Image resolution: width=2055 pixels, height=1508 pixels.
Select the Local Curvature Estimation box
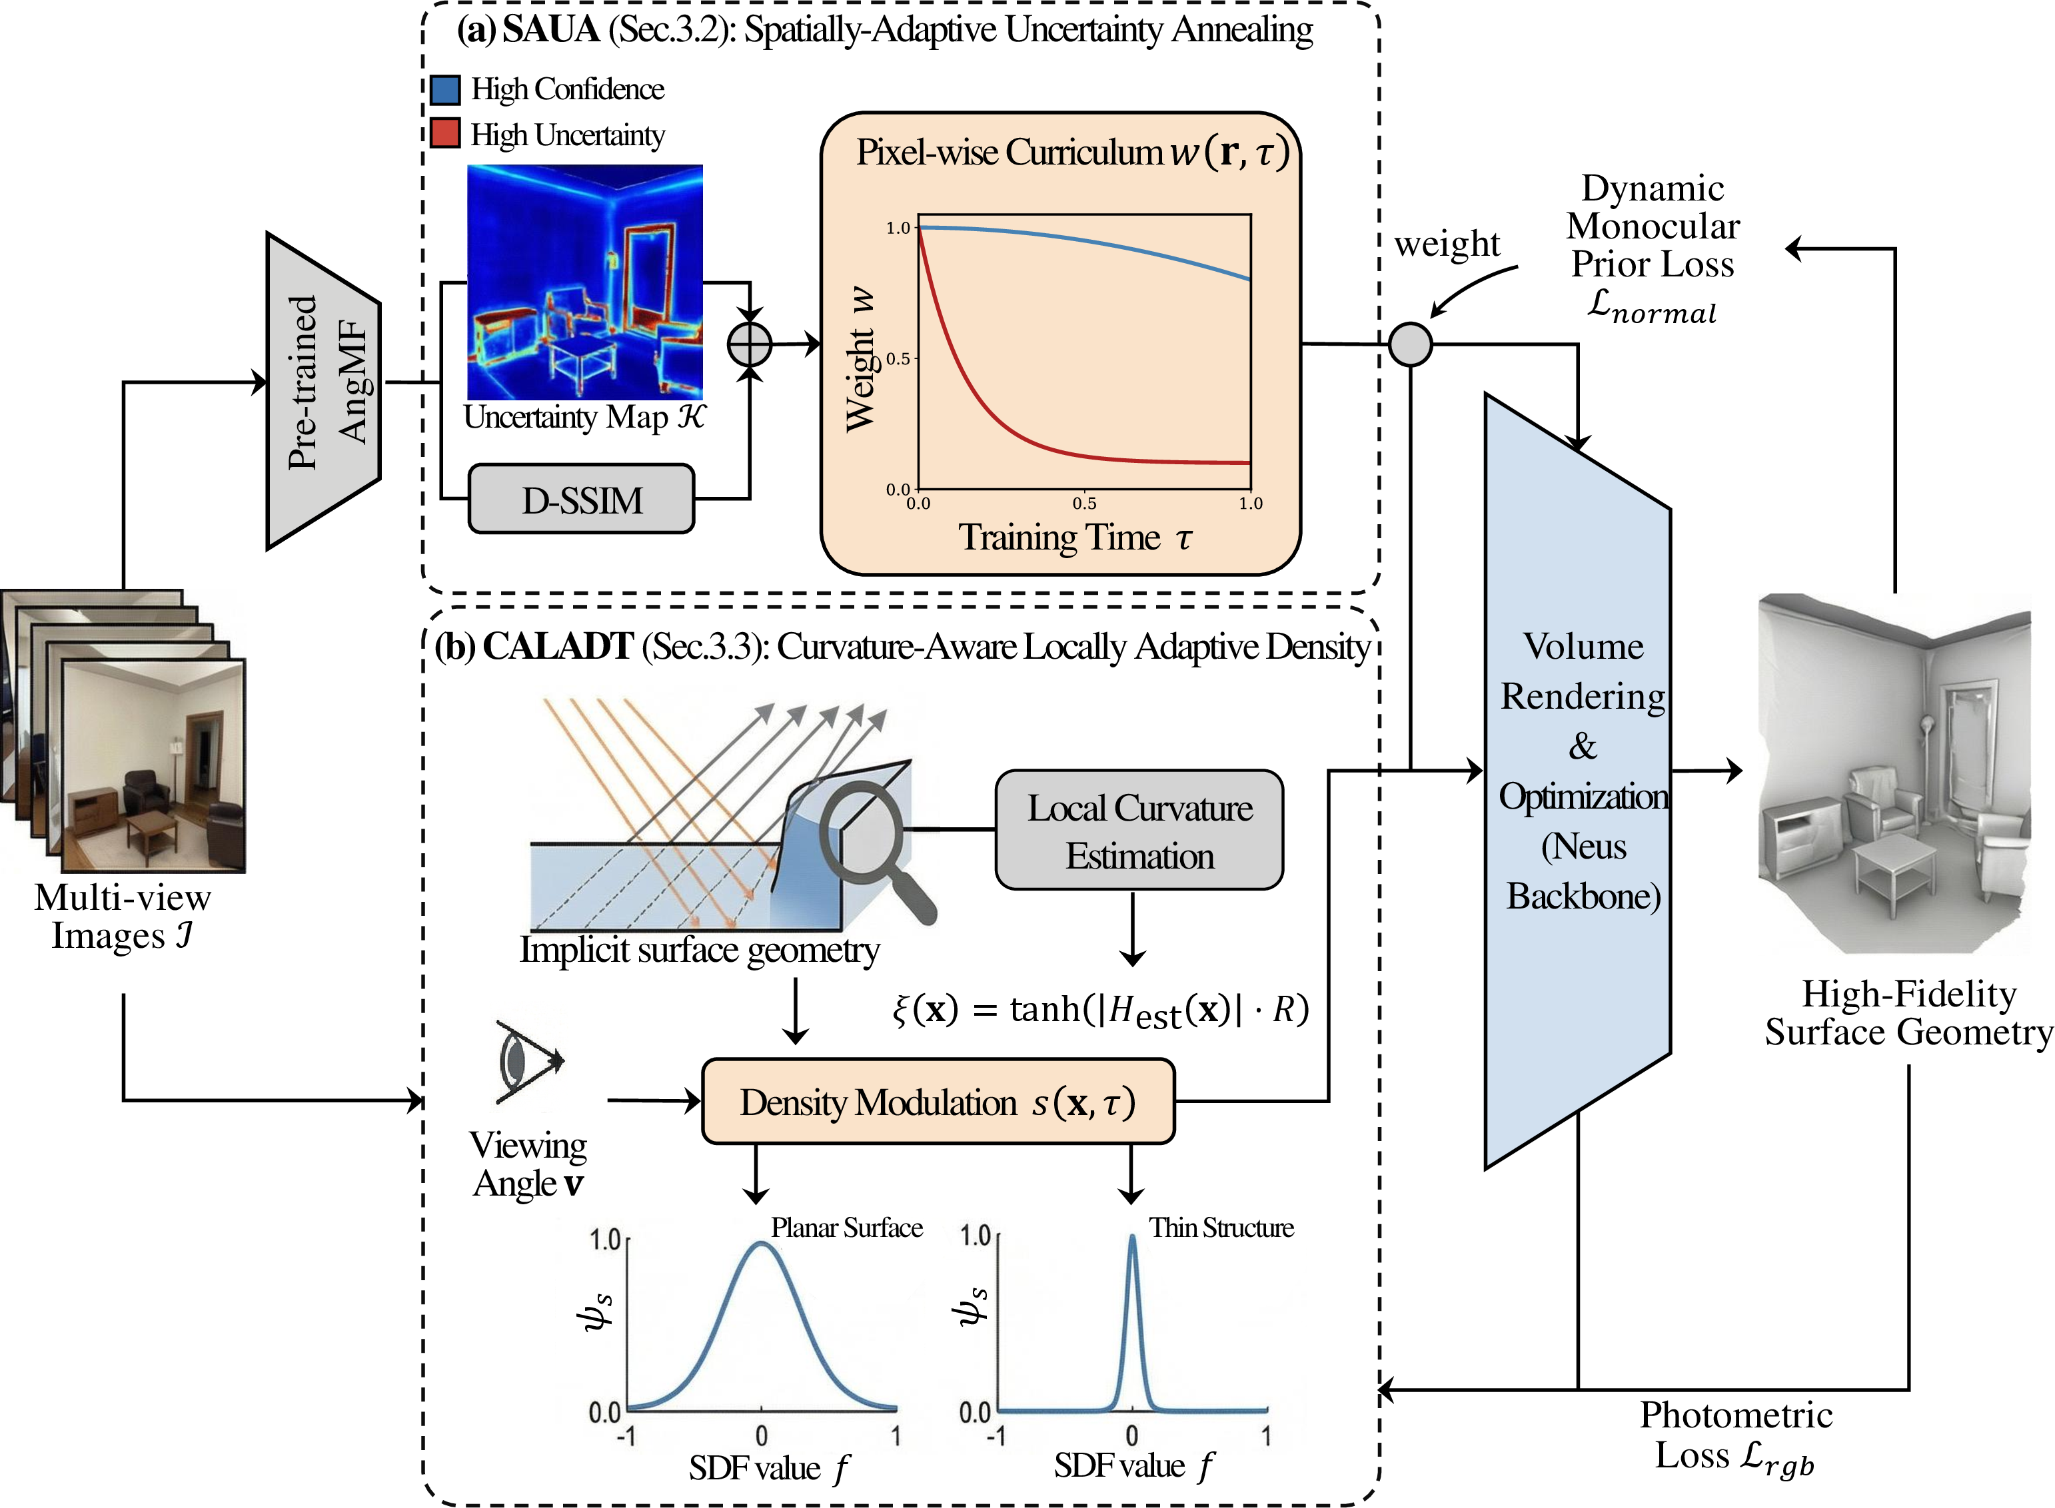[1139, 830]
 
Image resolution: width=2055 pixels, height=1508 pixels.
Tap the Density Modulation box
[938, 1102]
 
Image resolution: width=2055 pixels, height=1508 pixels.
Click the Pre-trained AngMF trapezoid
[323, 391]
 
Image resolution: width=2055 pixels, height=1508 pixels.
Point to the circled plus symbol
[750, 345]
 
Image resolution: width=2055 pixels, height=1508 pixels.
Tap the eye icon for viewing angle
[528, 1062]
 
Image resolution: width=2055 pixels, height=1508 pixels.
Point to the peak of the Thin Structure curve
[1132, 1237]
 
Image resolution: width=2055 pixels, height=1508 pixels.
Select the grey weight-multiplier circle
[1411, 344]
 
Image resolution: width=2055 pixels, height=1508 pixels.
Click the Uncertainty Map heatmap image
[585, 281]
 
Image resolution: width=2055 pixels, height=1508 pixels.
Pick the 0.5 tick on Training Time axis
[1085, 503]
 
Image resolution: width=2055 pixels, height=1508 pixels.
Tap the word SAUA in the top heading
[550, 29]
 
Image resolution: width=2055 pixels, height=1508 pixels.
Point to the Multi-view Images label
[123, 917]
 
